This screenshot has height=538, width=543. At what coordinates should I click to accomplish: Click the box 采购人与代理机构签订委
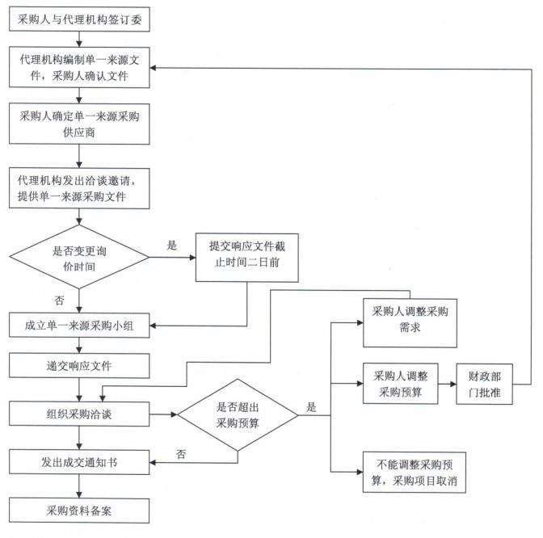pyautogui.click(x=79, y=18)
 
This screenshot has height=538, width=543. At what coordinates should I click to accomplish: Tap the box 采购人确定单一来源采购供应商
pyautogui.click(x=79, y=124)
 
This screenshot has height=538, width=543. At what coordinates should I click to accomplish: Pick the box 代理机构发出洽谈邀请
pyautogui.click(x=79, y=188)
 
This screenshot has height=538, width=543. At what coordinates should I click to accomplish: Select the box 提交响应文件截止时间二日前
pyautogui.click(x=246, y=256)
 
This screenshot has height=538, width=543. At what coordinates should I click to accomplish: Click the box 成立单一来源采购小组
pyautogui.click(x=79, y=326)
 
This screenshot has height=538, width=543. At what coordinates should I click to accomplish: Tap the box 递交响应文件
pyautogui.click(x=79, y=366)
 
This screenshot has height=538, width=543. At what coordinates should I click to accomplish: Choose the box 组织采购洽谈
pyautogui.click(x=79, y=414)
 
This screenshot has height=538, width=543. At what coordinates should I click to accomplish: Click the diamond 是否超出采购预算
pyautogui.click(x=238, y=415)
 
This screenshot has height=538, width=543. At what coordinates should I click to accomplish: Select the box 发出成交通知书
pyautogui.click(x=79, y=463)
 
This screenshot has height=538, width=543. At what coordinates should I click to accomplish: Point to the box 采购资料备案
pyautogui.click(x=79, y=510)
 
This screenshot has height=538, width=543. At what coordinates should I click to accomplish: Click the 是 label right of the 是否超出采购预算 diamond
pyautogui.click(x=311, y=406)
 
